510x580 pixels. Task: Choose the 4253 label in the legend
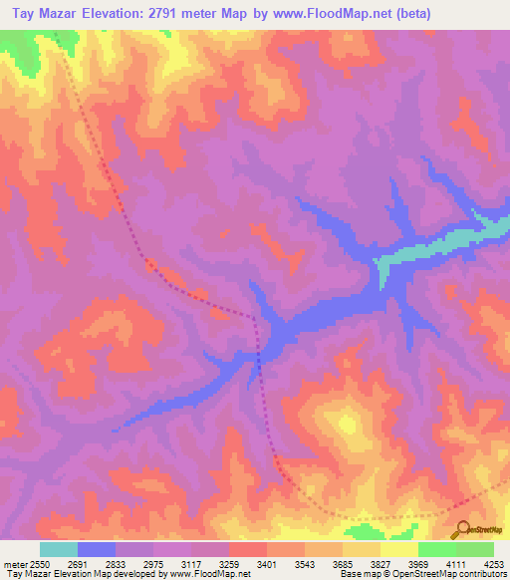494,563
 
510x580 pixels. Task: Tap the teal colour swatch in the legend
59,549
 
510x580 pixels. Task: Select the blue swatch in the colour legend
97,549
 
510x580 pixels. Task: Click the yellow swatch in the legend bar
399,549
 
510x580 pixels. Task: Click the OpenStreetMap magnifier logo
461,529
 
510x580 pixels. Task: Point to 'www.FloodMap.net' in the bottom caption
211,574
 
